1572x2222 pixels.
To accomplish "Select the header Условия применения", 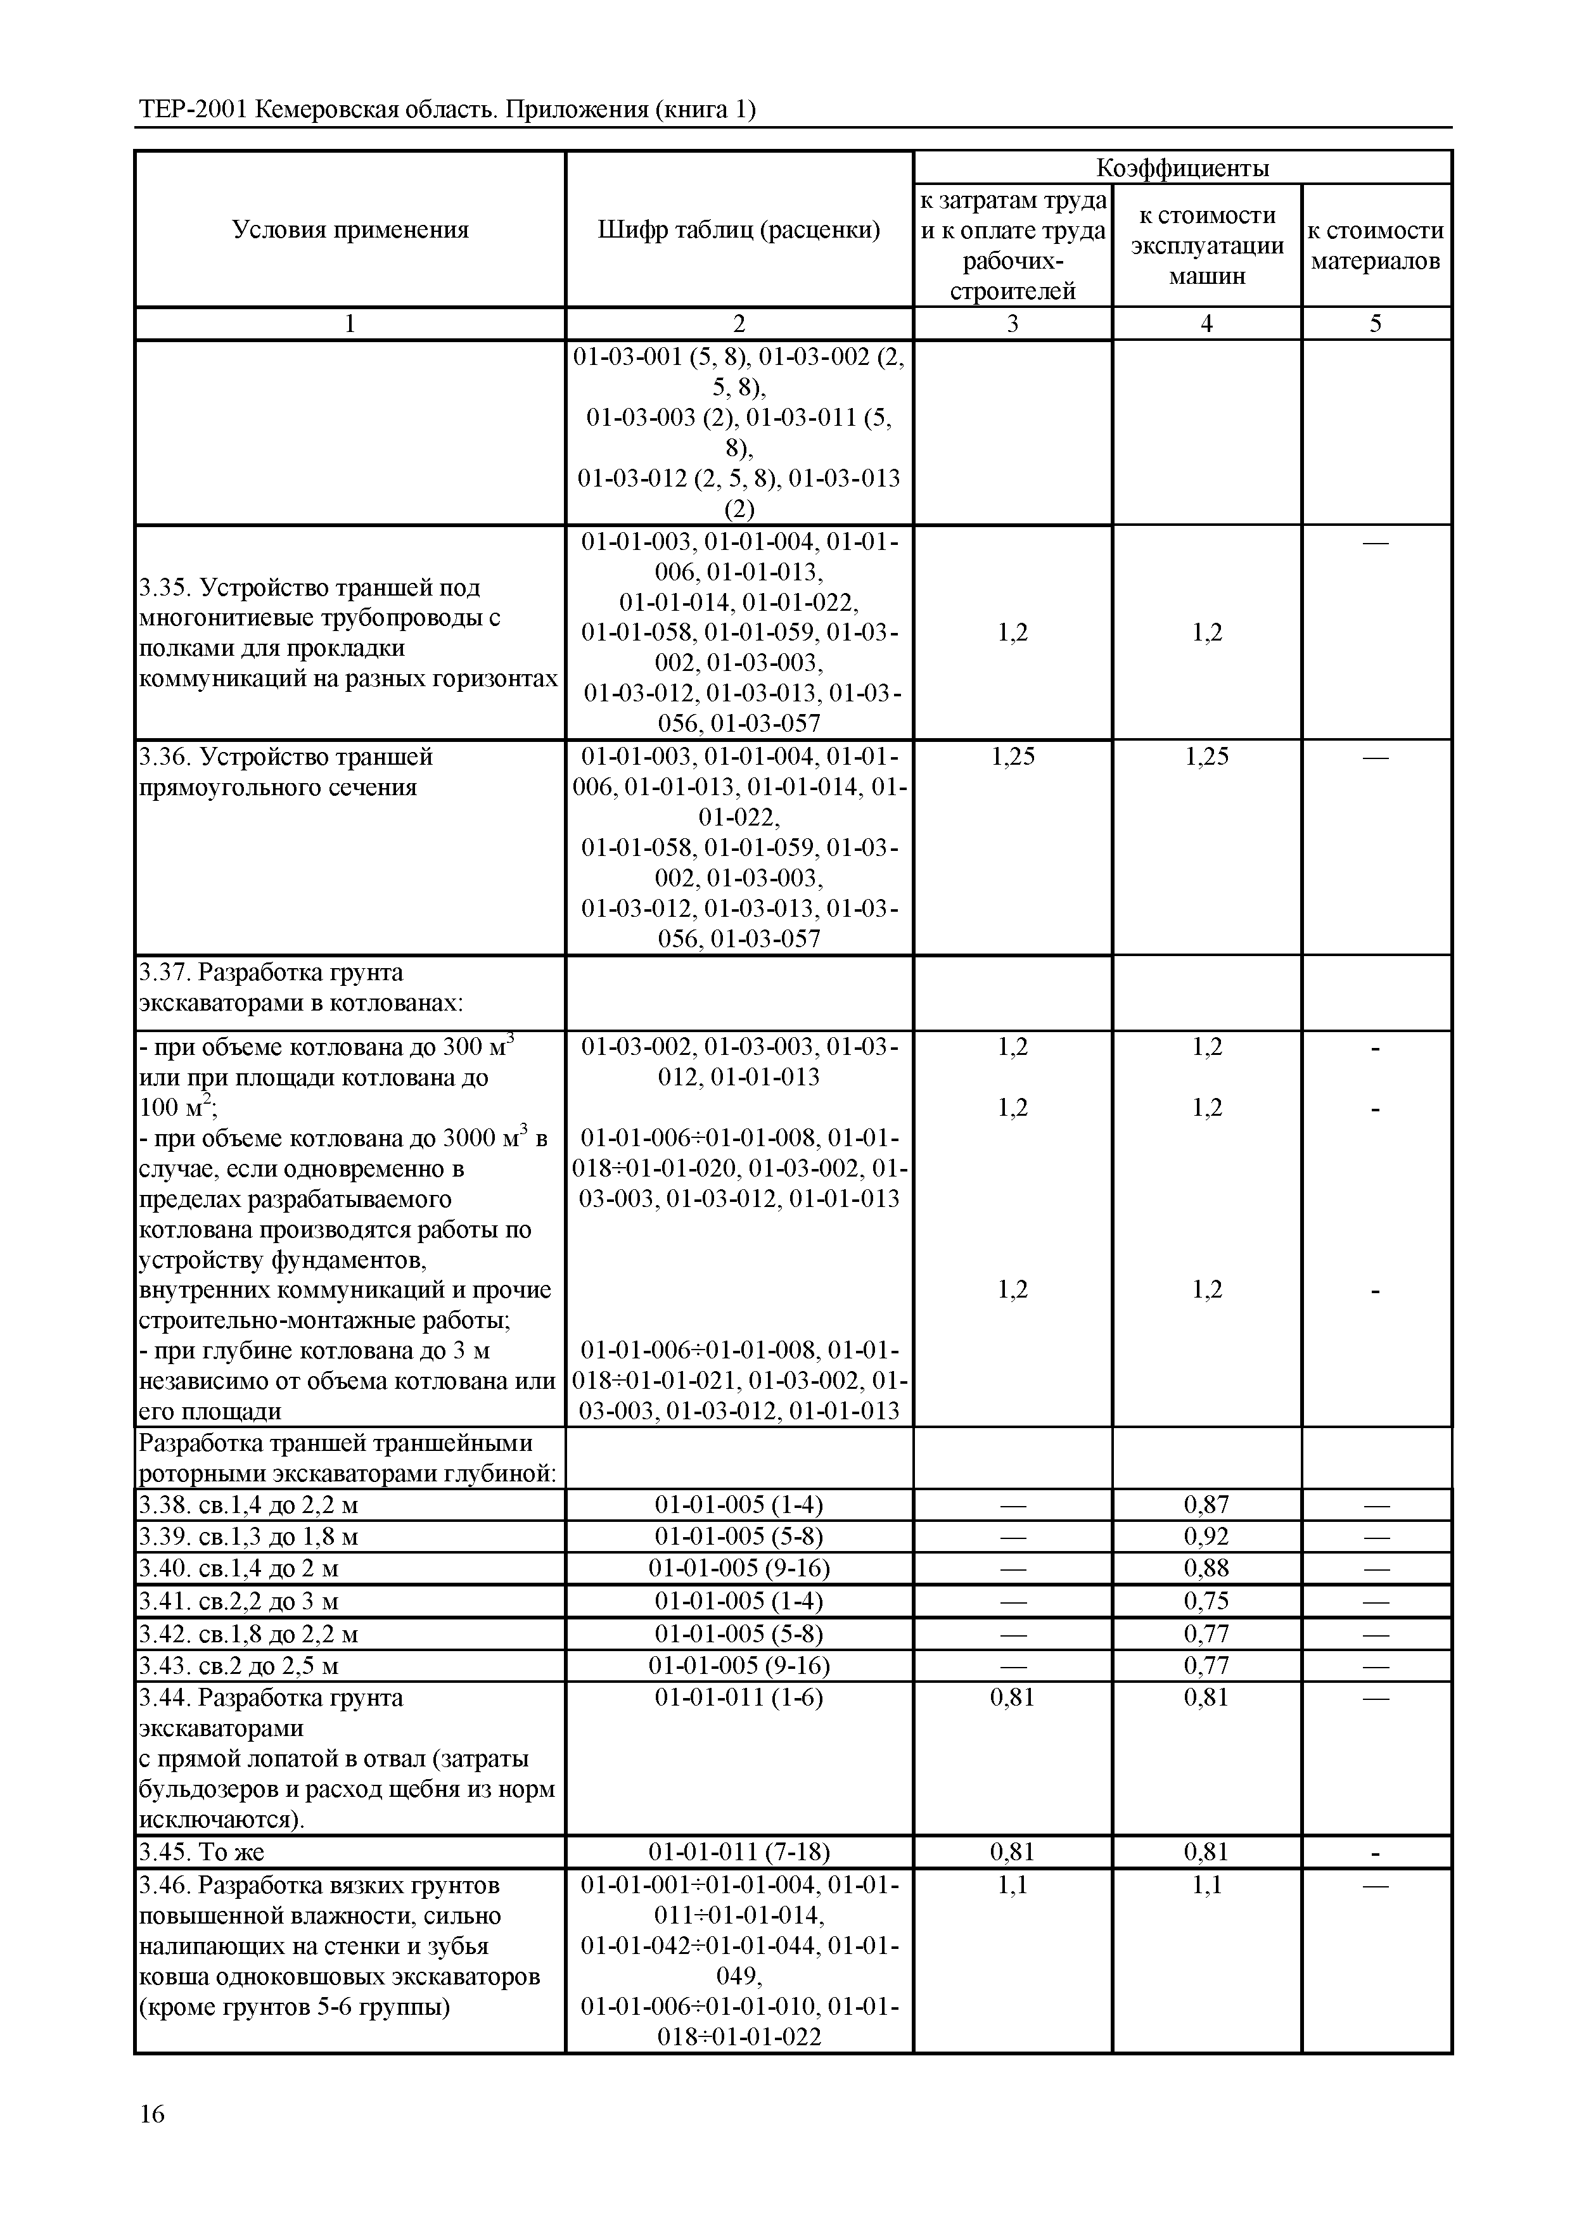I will coord(350,231).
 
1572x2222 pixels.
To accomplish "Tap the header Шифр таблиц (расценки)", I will coord(739,231).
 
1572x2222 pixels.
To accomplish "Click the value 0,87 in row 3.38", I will coord(1206,1505).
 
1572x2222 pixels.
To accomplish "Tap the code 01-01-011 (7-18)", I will coord(739,1853).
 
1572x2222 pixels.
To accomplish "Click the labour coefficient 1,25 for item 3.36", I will coord(1013,757).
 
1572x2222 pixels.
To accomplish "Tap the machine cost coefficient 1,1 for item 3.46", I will coord(1206,1885).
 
